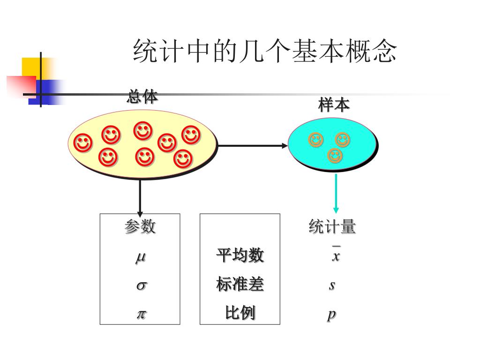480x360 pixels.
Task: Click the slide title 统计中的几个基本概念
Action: click(265, 51)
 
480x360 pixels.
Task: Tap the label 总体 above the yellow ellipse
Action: click(142, 97)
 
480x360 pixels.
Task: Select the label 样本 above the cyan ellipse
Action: click(334, 105)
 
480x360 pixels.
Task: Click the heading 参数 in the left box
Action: click(140, 227)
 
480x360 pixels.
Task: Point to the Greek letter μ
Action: click(140, 257)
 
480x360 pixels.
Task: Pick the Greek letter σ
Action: click(141, 285)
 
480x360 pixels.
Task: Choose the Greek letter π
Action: click(141, 314)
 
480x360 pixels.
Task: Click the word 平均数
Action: click(240, 255)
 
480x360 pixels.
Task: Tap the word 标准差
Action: click(240, 284)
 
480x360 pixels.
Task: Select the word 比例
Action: click(240, 313)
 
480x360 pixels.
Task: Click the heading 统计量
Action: click(332, 227)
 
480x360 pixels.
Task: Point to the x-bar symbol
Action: click(335, 255)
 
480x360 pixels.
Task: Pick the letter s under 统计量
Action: click(332, 285)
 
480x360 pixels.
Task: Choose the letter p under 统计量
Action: click(331, 314)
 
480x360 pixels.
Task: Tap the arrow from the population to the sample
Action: click(253, 146)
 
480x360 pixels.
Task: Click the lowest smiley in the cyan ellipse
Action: click(335, 156)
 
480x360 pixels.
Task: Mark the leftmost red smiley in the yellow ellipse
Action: click(83, 143)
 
